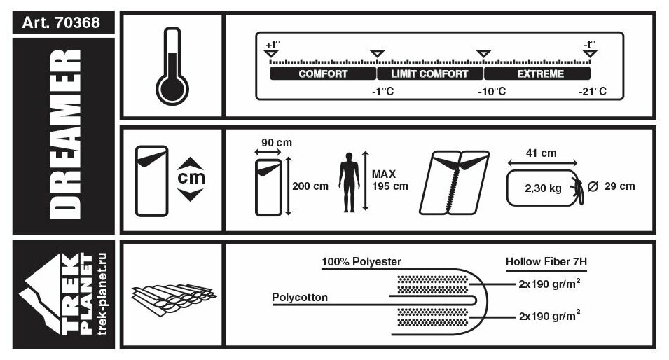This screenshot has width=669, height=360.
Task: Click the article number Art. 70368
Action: tap(61, 22)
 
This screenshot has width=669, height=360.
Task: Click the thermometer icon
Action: tap(172, 66)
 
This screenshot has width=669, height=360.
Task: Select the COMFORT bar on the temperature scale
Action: tap(323, 74)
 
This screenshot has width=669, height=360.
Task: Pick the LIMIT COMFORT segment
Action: tap(429, 74)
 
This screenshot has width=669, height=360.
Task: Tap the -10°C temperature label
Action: tap(492, 92)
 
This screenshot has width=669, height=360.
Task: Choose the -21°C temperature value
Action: tap(593, 92)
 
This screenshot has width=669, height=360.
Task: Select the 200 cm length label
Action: tap(310, 186)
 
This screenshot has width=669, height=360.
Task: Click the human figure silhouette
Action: tap(348, 183)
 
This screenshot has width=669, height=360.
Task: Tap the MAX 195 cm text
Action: tap(389, 180)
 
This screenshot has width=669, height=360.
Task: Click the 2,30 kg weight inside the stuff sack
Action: tap(543, 188)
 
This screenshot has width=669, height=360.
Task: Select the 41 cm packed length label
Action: tap(542, 153)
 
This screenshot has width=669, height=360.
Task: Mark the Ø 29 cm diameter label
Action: tap(612, 186)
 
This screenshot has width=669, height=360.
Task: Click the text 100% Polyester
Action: tap(361, 262)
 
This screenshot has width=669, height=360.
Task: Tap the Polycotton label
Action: tap(299, 297)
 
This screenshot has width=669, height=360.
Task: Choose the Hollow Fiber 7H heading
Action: tap(546, 262)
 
